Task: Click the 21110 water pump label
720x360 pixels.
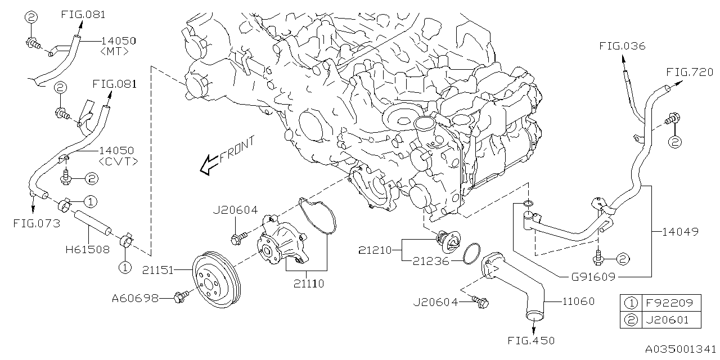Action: coord(308,285)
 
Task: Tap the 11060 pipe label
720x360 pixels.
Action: coord(578,301)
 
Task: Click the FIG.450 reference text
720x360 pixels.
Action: coord(531,341)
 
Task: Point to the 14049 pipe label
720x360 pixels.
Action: coord(680,231)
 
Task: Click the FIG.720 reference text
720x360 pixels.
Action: coord(690,72)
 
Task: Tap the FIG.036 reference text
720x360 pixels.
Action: coord(622,46)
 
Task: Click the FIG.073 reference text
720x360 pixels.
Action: coord(37,223)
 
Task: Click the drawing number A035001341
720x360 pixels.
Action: coord(679,349)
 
